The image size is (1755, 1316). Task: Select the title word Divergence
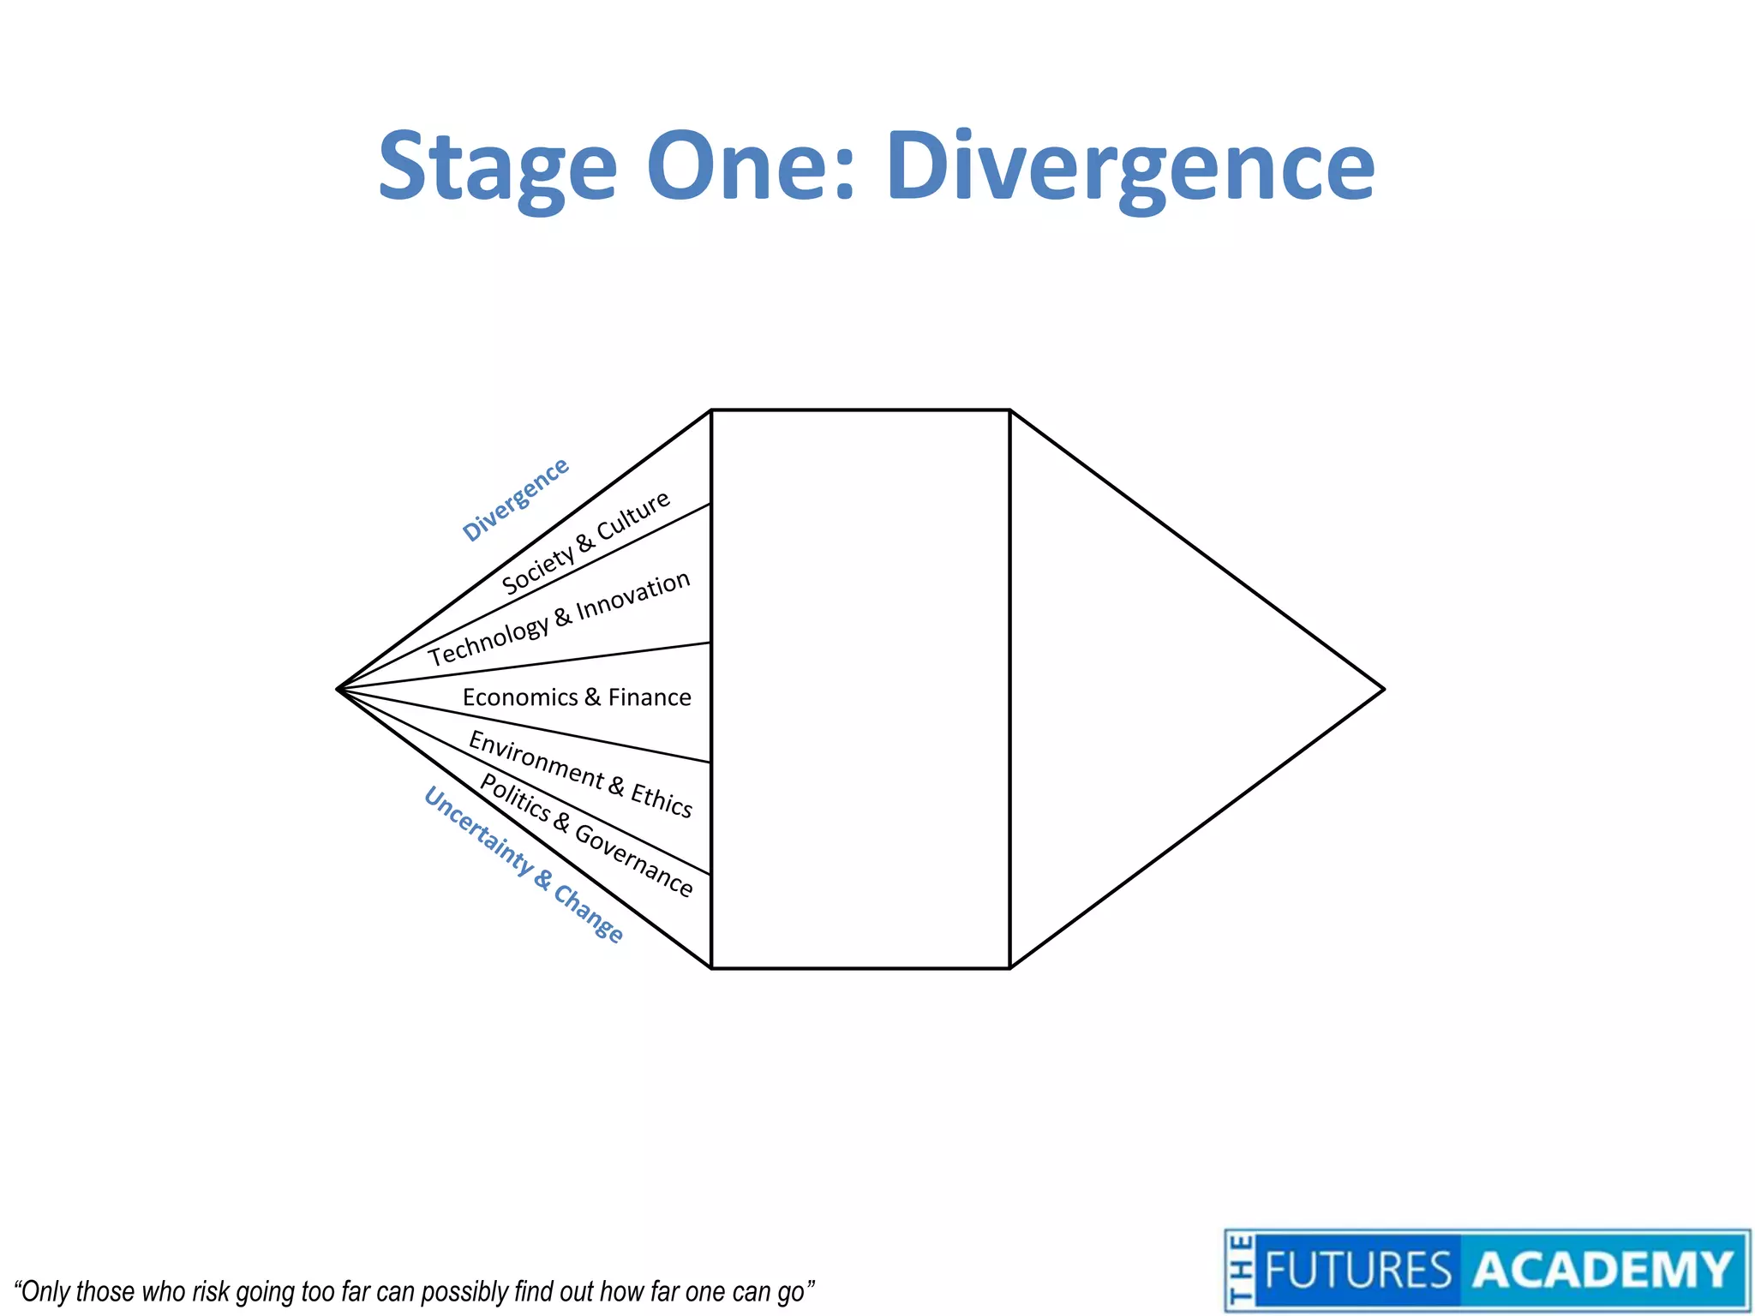1130,168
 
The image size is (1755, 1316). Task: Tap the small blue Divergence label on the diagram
515,499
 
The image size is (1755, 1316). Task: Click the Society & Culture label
586,543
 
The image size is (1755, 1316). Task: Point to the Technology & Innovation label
560,619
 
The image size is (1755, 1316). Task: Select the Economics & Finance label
577,697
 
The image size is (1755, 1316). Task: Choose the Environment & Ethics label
580,774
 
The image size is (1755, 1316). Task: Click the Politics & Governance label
586,834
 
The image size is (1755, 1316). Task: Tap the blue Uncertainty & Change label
524,865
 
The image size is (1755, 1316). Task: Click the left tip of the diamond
339,688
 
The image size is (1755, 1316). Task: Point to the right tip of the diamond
1382,688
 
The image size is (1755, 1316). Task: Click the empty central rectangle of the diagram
860,689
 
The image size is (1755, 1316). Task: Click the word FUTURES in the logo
1357,1270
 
